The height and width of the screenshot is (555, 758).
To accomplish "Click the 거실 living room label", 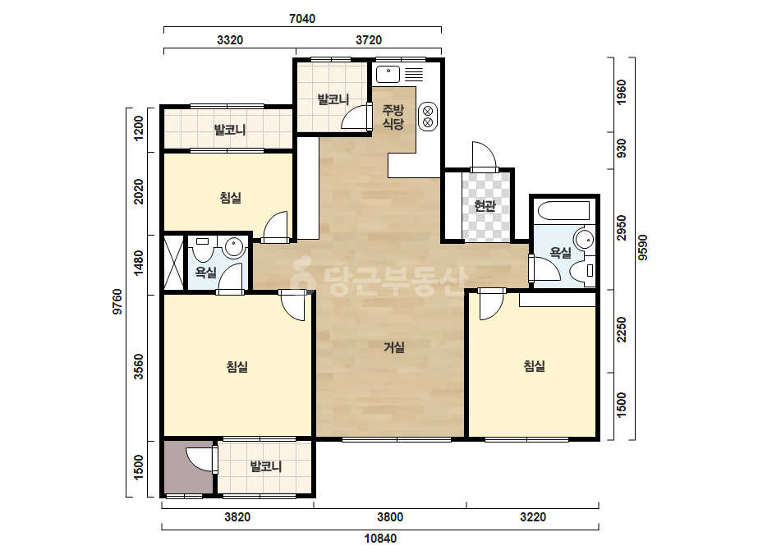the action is coord(394,347).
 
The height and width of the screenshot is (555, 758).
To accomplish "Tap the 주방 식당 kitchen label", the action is coord(393,117).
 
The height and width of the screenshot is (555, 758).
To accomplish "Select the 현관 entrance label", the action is coord(485,206).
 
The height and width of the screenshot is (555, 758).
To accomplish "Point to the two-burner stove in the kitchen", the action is coord(428,117).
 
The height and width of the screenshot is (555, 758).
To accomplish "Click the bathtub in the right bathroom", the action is coord(563,210).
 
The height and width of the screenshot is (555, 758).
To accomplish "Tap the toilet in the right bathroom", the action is coord(582,270).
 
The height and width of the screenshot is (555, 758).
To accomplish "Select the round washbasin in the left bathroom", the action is coord(234,246).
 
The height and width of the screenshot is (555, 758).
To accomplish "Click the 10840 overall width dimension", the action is coord(380,539).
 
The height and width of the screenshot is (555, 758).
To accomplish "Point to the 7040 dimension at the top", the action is coord(302,19).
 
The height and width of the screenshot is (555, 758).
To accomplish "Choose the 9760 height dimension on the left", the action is coord(117,301).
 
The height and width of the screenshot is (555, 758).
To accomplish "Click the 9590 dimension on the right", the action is coord(642,247).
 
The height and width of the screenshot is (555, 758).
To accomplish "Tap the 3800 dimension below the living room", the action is coord(390,517).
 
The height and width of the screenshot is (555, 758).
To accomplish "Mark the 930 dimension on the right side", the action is coord(622,148).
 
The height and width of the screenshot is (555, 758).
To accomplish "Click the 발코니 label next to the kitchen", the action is coord(333,99).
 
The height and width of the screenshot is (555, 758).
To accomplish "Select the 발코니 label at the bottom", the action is coord(265,466).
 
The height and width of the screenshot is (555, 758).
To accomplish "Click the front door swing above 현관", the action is coord(485,154).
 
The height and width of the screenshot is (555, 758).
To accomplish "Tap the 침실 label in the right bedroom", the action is coord(534,366).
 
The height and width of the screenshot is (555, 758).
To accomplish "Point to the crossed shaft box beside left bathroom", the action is coord(174,262).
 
